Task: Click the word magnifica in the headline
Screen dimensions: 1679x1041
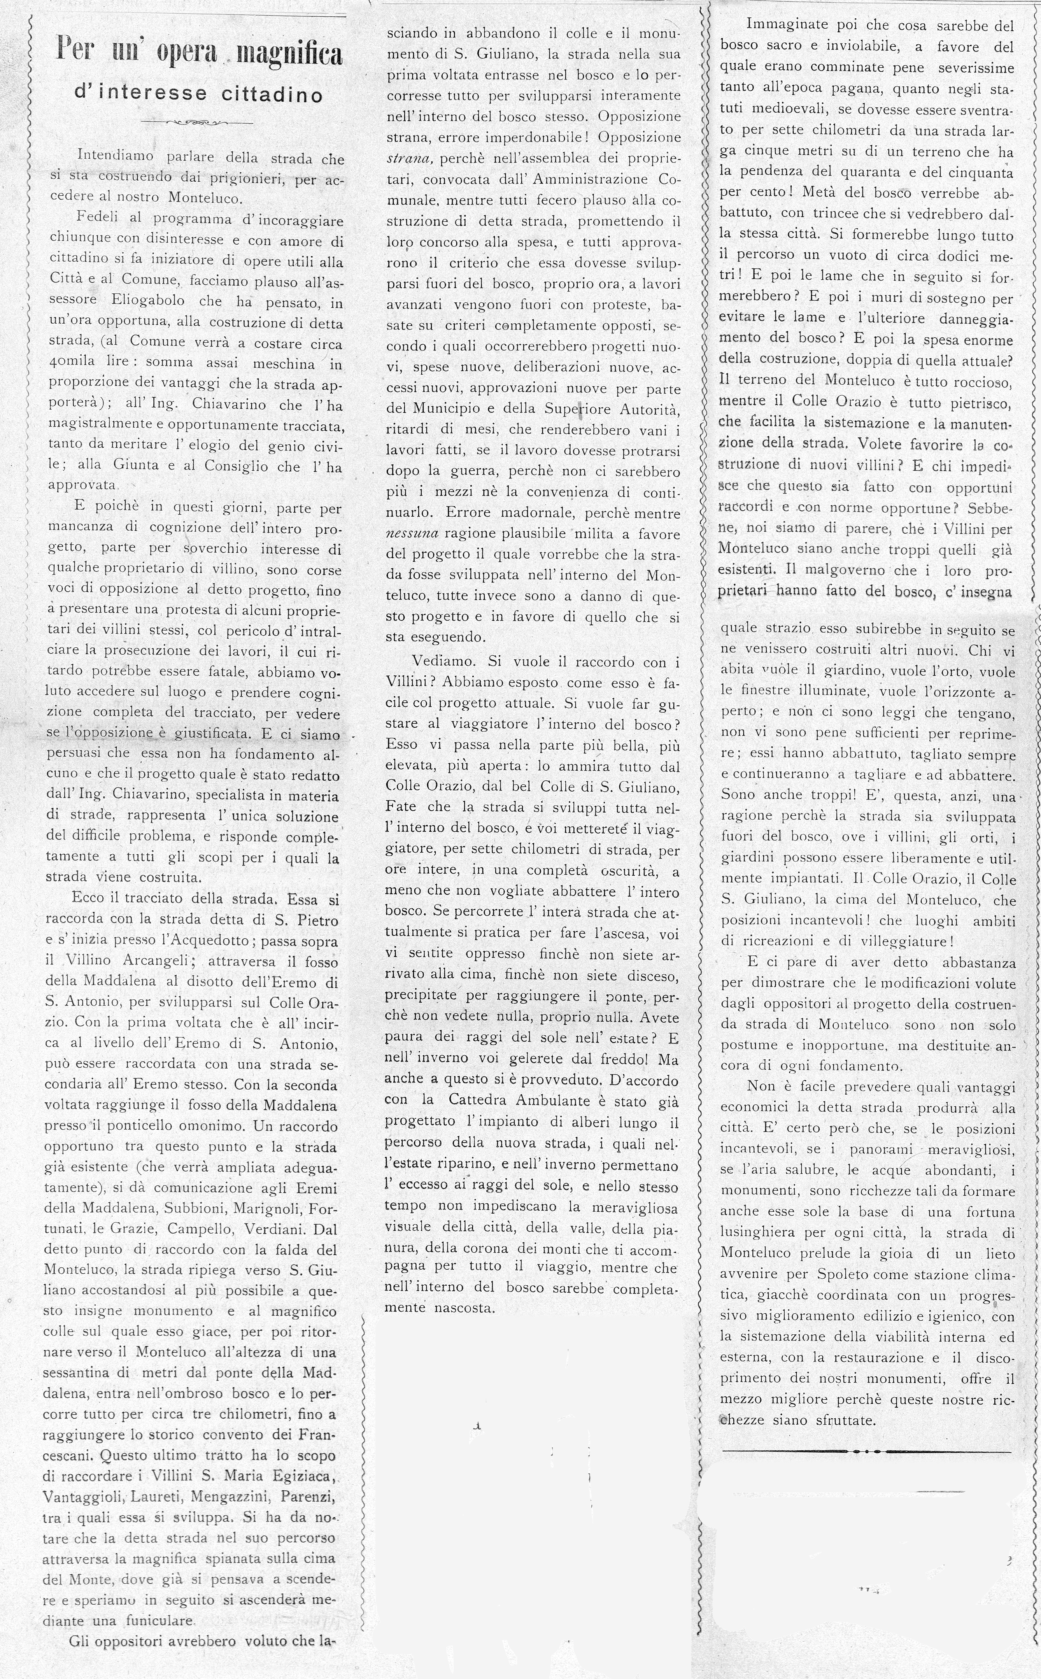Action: (x=289, y=54)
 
